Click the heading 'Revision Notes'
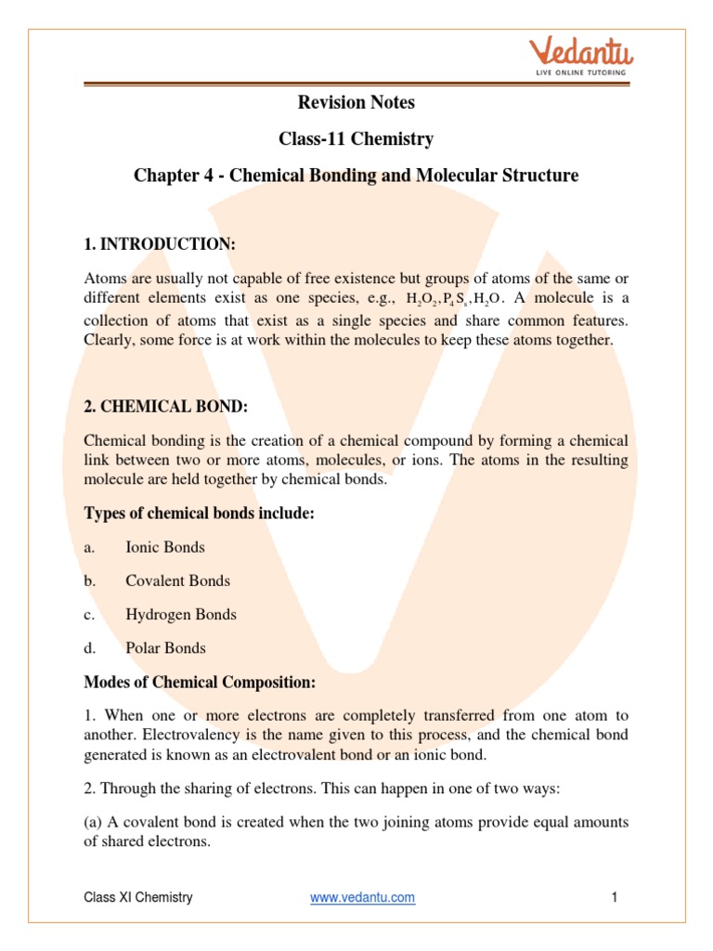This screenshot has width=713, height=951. coord(356,102)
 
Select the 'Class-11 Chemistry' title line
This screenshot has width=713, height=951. coord(356,139)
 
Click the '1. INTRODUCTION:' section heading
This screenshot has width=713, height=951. coord(160,244)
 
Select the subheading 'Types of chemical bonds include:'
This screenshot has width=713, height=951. coord(200,514)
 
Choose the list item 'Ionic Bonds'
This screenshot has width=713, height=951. coord(165,548)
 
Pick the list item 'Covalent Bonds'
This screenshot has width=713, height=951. coord(177,581)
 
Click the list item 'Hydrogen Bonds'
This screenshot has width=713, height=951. coord(181,615)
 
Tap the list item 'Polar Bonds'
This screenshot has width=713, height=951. coord(165,648)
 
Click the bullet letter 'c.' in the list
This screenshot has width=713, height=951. coord(89,615)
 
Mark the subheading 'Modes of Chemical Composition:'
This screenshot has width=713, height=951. coord(200,683)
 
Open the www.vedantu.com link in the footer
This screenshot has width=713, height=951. coord(362,897)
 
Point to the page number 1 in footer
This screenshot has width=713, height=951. coord(615,897)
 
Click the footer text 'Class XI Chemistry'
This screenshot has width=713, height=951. coord(138,897)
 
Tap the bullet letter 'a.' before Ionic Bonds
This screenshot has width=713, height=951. coord(89,548)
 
